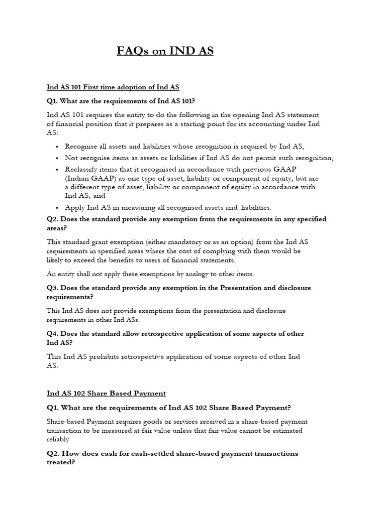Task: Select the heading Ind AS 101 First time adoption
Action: pyautogui.click(x=113, y=87)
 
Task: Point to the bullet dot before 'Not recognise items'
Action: pyautogui.click(x=58, y=158)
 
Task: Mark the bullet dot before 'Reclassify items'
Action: pyautogui.click(x=58, y=169)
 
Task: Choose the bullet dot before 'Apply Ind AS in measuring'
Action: pyautogui.click(x=58, y=207)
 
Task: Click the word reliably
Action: pyautogui.click(x=58, y=439)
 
